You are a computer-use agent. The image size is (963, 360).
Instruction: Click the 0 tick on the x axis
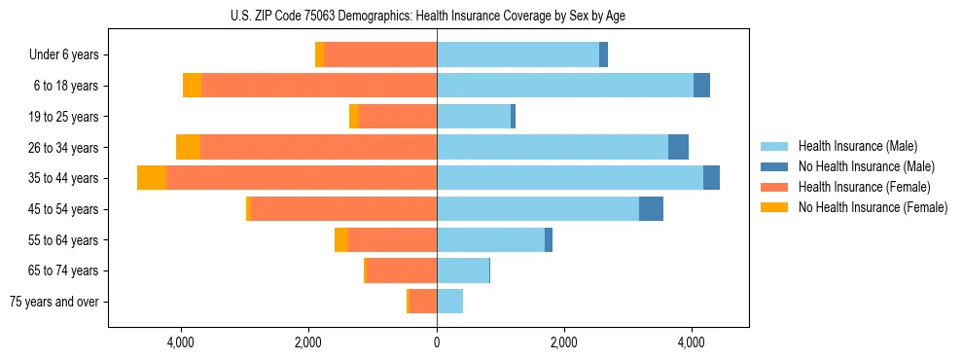pyautogui.click(x=437, y=342)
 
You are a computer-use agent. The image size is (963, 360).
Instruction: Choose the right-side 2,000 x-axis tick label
pyautogui.click(x=564, y=342)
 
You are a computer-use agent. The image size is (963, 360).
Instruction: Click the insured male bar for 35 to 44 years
pyautogui.click(x=569, y=178)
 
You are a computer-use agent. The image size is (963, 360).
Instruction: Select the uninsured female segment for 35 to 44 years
pyautogui.click(x=152, y=178)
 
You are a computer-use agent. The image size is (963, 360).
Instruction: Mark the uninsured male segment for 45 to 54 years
pyautogui.click(x=651, y=209)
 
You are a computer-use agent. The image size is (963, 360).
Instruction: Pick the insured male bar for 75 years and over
pyautogui.click(x=449, y=302)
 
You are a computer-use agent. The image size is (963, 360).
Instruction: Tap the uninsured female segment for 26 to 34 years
pyautogui.click(x=188, y=147)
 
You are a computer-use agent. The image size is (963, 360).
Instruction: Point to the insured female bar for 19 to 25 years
pyautogui.click(x=398, y=117)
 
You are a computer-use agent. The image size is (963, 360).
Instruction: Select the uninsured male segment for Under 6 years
pyautogui.click(x=603, y=55)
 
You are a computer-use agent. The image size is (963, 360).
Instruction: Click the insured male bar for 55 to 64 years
pyautogui.click(x=490, y=239)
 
